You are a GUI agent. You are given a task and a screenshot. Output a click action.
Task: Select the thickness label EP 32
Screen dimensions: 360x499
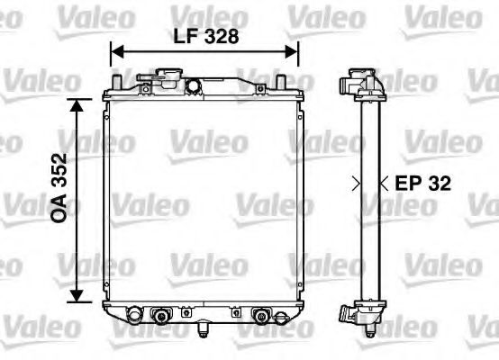(x=421, y=184)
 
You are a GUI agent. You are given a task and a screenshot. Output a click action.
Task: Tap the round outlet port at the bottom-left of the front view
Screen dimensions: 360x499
(x=133, y=316)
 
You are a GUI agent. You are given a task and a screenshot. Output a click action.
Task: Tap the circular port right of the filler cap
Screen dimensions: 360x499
(x=192, y=85)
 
